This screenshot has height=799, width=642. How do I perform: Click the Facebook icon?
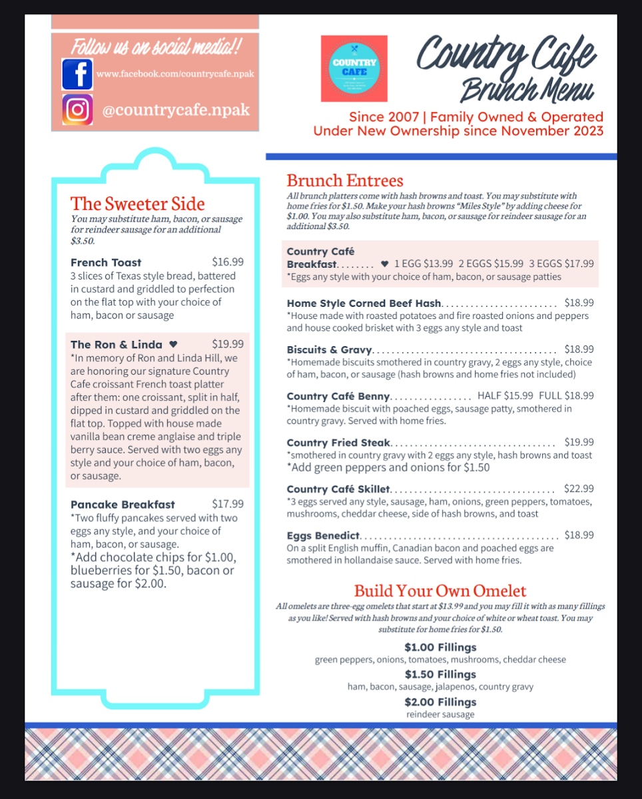(77, 74)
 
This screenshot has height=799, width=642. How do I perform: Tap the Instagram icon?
(77, 110)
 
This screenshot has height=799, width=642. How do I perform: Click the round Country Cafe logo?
(354, 69)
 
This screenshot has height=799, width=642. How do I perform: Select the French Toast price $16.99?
(228, 262)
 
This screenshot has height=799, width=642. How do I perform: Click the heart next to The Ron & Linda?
(173, 344)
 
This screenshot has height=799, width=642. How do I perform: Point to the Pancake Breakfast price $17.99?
(228, 504)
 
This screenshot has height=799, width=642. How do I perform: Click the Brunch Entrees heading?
(345, 180)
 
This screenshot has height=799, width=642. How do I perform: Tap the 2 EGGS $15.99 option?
(491, 264)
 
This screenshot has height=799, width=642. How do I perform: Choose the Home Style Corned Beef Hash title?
(364, 303)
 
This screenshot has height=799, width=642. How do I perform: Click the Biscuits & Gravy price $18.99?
(579, 349)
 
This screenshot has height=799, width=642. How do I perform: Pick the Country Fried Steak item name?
(338, 442)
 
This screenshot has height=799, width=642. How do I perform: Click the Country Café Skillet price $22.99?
(579, 489)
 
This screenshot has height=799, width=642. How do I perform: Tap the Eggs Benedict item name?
(323, 535)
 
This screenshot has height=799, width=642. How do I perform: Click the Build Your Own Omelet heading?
(440, 591)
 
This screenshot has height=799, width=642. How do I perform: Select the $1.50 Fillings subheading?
(440, 674)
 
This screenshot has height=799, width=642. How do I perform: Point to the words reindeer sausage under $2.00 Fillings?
(440, 714)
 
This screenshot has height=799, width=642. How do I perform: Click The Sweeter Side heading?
(138, 204)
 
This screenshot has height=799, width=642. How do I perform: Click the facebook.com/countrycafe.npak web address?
(175, 74)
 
